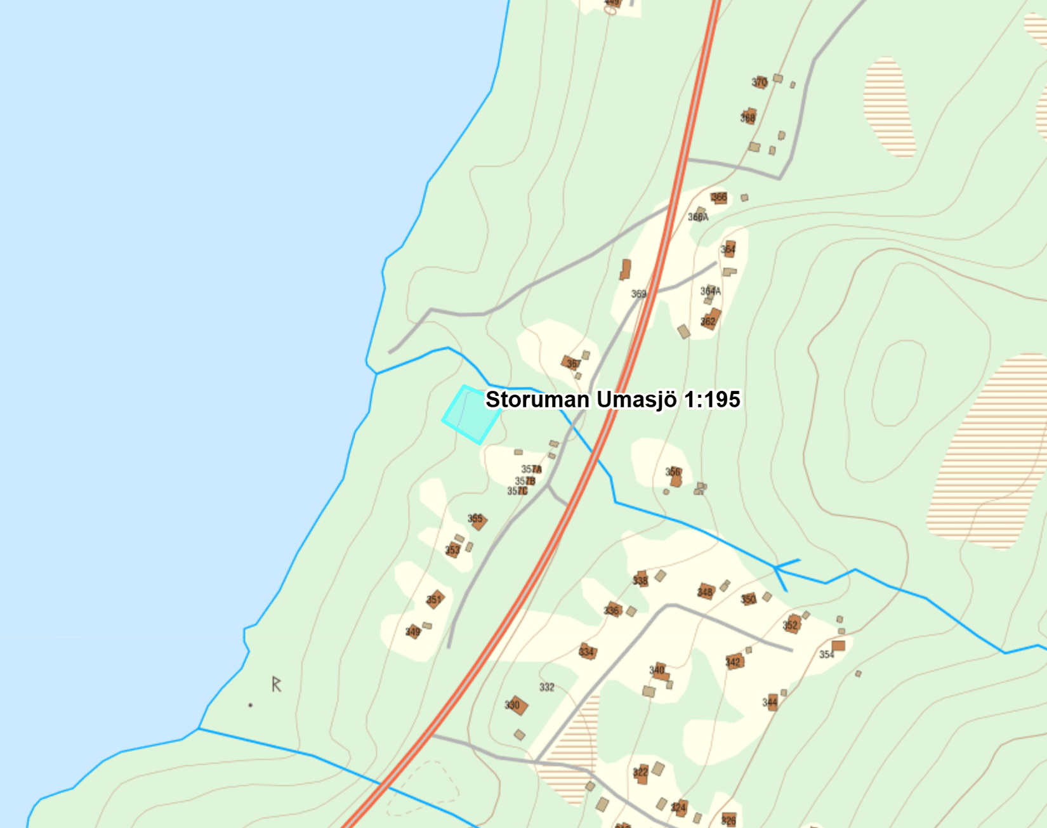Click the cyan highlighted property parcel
[471, 414]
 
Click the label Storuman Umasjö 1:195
[612, 400]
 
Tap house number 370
[760, 82]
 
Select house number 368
[749, 117]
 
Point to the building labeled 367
[570, 363]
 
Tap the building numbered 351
[435, 600]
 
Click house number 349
[414, 631]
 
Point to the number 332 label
[547, 687]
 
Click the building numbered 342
[734, 662]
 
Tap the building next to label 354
[838, 646]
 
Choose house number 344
[771, 702]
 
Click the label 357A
[531, 470]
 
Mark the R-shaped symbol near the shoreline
[276, 684]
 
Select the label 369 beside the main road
[638, 294]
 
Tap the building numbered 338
[641, 579]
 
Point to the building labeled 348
[706, 591]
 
